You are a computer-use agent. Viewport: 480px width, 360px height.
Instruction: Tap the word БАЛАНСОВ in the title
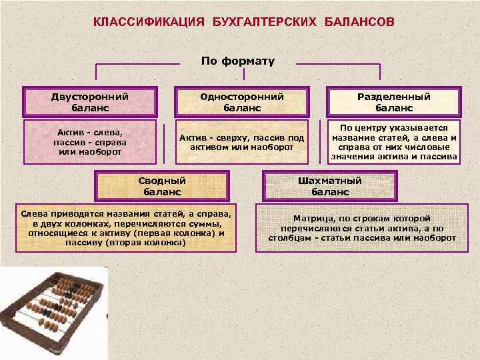359,23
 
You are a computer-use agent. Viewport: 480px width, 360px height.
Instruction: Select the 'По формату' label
238,61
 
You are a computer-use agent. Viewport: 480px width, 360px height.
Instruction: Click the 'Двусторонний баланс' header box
90,102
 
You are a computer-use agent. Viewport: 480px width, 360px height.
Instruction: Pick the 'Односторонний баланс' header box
242,102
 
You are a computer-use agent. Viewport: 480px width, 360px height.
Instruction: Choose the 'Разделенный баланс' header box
394,102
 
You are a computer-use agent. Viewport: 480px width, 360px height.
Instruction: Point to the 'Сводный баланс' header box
162,186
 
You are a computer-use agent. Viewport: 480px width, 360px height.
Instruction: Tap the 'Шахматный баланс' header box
330,186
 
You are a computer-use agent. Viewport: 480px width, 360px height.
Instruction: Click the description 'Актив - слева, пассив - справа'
90,142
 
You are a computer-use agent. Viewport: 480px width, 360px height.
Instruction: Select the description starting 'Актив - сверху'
242,142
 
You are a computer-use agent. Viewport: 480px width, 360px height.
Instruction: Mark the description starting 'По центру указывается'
394,142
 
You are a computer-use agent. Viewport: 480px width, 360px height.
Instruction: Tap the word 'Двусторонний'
90,97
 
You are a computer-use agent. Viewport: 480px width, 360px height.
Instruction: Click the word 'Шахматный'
330,181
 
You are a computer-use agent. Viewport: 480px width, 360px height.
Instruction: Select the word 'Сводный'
162,181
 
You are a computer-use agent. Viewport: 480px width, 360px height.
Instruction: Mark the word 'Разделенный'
394,97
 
